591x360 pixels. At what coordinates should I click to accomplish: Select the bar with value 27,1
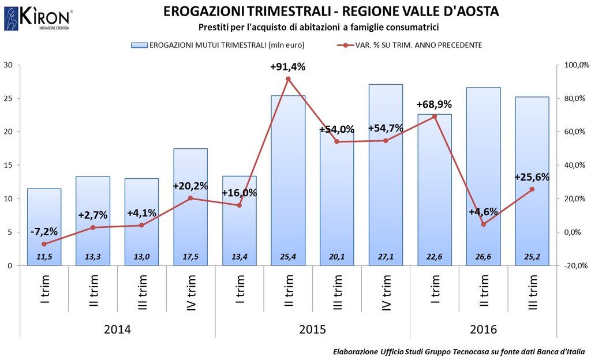(x=386, y=173)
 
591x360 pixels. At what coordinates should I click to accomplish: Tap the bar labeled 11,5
(x=44, y=225)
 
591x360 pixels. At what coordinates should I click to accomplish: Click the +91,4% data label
(x=287, y=67)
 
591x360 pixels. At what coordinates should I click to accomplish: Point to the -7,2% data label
(x=44, y=231)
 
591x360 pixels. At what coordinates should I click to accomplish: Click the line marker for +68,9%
(x=435, y=117)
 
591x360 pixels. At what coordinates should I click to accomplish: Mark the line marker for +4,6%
(x=483, y=224)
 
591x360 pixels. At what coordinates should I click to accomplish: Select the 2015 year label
(x=312, y=329)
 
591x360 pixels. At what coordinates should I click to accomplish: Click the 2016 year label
(x=483, y=329)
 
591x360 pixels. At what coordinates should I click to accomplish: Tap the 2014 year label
(x=117, y=329)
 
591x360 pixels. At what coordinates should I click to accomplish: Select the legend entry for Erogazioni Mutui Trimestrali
(x=219, y=45)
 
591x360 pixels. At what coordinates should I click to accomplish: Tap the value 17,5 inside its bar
(x=190, y=257)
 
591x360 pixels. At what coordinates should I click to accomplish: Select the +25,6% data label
(x=532, y=177)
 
